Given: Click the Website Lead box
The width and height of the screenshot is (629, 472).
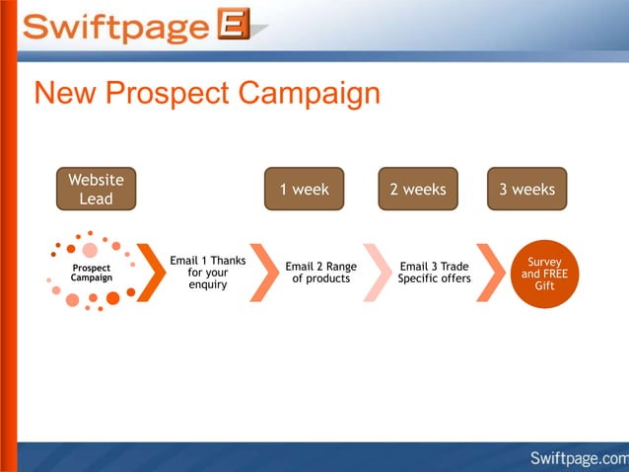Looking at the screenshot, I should pos(96,189).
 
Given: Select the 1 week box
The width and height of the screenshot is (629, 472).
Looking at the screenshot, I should pos(304,189).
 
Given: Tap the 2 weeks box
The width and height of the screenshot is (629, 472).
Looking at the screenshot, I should pos(418,189).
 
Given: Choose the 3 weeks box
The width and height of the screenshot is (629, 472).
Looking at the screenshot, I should pos(526,189).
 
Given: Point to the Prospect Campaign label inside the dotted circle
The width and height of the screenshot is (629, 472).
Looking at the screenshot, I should pos(91,273).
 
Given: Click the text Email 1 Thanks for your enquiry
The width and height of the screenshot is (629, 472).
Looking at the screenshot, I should pos(207,273).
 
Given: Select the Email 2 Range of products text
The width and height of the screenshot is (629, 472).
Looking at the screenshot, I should pos(320,273).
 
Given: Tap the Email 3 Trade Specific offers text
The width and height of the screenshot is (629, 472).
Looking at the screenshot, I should pos(434,273).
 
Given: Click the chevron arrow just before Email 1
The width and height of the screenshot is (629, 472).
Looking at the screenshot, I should pos(151,272).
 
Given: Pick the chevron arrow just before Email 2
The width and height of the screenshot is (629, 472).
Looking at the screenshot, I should pos(264,272).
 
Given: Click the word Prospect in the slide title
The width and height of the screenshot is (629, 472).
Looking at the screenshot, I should pos(166,94).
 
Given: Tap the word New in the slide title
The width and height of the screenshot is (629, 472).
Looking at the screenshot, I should pos(65,94).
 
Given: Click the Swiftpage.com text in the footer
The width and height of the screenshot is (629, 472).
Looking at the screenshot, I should pos(578,457).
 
